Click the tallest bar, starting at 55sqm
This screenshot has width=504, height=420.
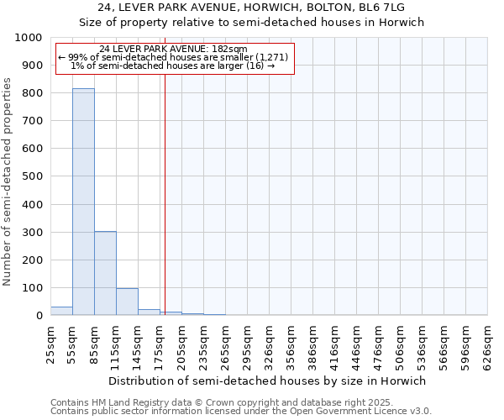[x=83, y=202]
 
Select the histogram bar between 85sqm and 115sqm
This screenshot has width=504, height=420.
[x=105, y=273]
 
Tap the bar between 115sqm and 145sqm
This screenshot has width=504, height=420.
[x=127, y=302]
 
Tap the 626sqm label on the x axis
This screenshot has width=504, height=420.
[x=487, y=344]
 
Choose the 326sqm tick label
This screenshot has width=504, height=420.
[x=269, y=344]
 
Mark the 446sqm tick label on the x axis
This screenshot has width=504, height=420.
[x=356, y=344]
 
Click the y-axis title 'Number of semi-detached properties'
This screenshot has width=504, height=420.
[x=8, y=181]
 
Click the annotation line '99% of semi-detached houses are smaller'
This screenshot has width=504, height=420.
[x=173, y=57]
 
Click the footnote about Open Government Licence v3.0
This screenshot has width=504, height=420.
[x=241, y=412]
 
